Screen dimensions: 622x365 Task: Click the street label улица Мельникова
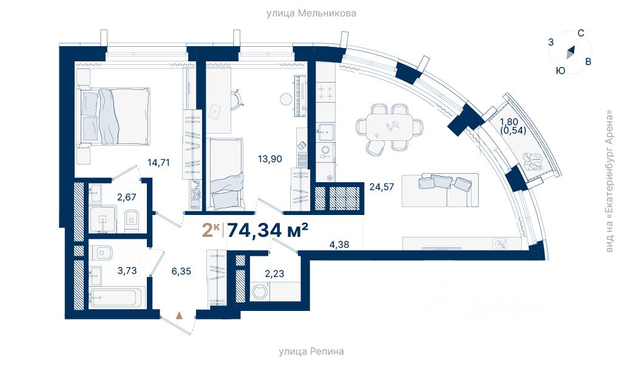point(311,13)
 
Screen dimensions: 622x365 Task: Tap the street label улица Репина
point(311,352)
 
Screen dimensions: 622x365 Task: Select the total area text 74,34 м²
point(268,230)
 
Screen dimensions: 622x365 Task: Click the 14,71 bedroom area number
point(158,162)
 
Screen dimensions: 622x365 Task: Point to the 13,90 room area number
point(270,159)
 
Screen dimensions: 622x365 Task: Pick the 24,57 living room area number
point(382,186)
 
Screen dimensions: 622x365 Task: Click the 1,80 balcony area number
point(509,122)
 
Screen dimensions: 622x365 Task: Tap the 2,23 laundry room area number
point(274,274)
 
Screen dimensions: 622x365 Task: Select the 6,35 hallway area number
point(181,271)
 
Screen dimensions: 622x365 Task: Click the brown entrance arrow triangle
point(179,315)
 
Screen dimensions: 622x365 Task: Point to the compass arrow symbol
point(570,52)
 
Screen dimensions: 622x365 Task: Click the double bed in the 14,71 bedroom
point(115,116)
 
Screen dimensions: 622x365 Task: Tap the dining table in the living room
point(389,127)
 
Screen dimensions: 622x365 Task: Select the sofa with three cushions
point(440,190)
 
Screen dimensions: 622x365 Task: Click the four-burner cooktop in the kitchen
point(325,92)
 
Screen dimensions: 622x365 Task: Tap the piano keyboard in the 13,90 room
point(300,97)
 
